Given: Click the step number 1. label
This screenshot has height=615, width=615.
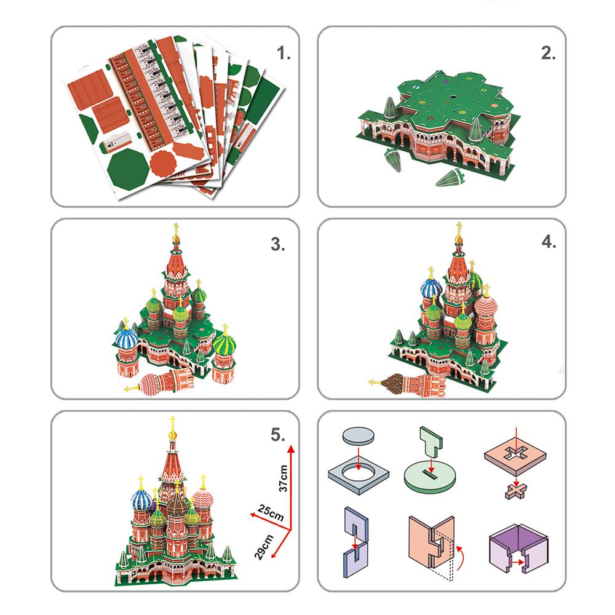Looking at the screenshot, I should click(x=283, y=54).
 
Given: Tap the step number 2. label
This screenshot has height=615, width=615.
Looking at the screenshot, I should click(x=548, y=53).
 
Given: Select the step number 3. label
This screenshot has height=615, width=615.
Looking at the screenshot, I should click(x=278, y=244).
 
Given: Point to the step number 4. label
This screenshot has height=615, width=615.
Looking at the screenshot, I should click(x=548, y=242).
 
